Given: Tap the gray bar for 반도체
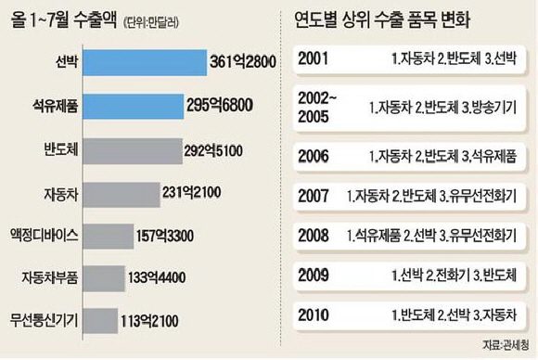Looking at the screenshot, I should coord(136,150).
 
